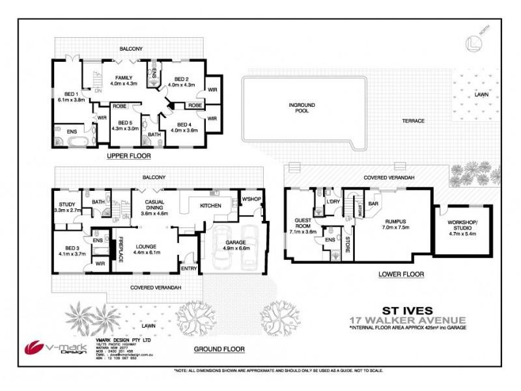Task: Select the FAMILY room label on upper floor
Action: pyautogui.click(x=124, y=81)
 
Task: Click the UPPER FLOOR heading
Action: pyautogui.click(x=129, y=157)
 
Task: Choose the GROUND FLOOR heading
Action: pyautogui.click(x=219, y=349)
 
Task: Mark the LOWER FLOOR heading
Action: pyautogui.click(x=402, y=274)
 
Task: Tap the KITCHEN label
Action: pyautogui.click(x=211, y=206)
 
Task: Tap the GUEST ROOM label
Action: pyautogui.click(x=303, y=225)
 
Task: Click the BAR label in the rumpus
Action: pyautogui.click(x=373, y=204)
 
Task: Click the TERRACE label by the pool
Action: pyautogui.click(x=412, y=122)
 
